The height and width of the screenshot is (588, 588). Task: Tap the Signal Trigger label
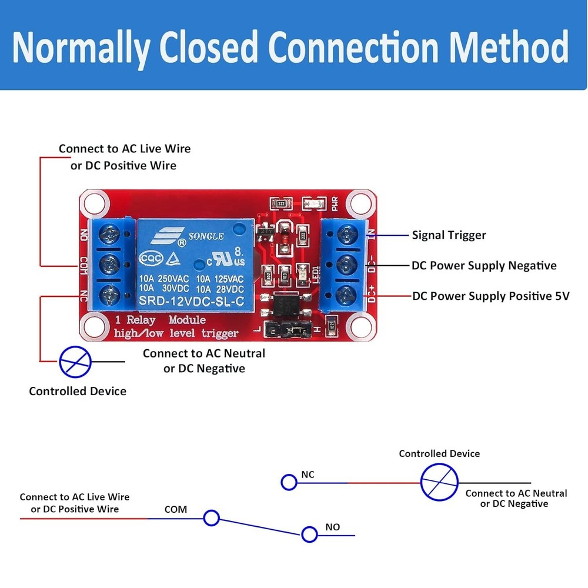point(449,235)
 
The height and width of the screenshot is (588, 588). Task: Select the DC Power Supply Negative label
point(484,266)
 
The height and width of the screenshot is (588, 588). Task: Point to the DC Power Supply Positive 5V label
point(491,296)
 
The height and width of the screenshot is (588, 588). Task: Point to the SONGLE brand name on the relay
point(205,236)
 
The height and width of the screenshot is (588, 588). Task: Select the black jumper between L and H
point(286,332)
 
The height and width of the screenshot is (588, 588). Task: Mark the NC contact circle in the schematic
point(289,483)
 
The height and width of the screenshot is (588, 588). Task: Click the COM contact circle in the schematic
point(211,518)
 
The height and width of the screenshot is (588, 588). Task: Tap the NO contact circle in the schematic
point(309,534)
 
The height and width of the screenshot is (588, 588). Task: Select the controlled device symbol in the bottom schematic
point(439,482)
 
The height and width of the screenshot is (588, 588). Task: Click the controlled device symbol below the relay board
point(75,361)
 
